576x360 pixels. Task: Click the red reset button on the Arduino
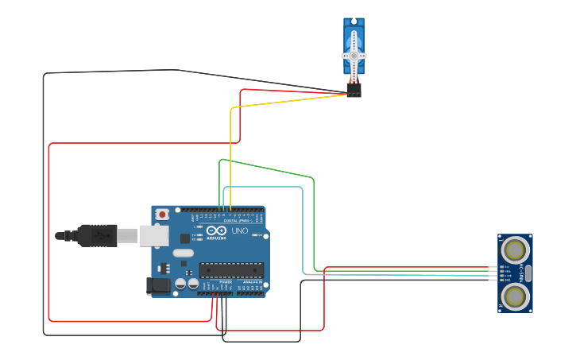(162, 214)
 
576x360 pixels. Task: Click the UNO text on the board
(240, 231)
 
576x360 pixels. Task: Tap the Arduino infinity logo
(214, 230)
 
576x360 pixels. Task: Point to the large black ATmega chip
(230, 271)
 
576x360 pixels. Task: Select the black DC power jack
(158, 286)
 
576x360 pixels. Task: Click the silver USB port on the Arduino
(154, 235)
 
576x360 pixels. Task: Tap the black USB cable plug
(96, 235)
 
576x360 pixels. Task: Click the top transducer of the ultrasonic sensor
(516, 250)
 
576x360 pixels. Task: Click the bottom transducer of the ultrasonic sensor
(516, 297)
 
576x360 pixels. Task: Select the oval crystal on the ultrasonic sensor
(528, 273)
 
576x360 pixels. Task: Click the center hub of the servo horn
(354, 56)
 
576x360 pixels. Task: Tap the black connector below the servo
(354, 91)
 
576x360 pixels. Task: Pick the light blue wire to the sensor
(303, 230)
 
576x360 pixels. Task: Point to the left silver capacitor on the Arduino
(180, 284)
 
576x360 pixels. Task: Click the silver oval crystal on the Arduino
(183, 254)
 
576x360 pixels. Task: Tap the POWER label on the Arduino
(226, 282)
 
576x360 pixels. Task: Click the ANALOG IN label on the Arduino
(252, 282)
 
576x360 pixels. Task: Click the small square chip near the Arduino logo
(184, 238)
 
